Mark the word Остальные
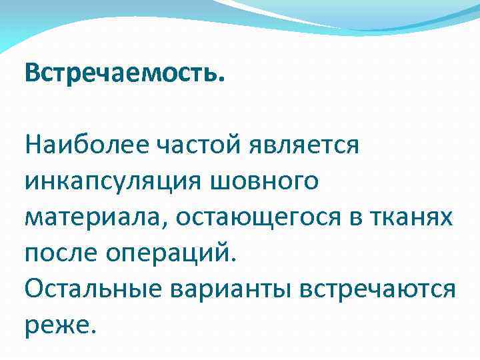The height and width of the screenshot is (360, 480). point(94,289)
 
